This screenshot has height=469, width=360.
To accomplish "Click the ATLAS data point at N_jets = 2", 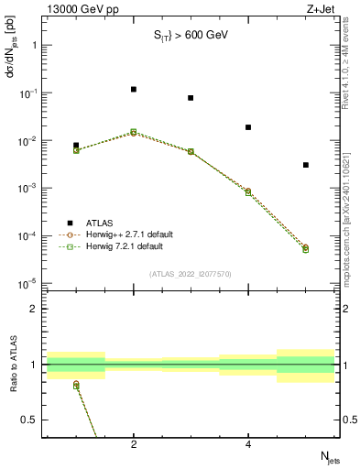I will (134, 90).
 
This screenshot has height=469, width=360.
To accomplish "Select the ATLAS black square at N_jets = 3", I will (191, 98).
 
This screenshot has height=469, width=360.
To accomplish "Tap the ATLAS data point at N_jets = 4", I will (248, 127).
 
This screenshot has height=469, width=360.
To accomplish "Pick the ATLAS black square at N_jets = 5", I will (306, 165).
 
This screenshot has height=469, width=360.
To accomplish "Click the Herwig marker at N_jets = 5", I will (306, 248).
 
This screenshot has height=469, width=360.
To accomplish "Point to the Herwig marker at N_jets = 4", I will (248, 192).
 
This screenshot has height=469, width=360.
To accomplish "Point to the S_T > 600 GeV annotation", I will (190, 36).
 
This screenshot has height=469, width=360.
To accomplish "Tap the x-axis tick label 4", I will (248, 445).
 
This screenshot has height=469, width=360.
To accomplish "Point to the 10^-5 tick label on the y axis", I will (28, 284).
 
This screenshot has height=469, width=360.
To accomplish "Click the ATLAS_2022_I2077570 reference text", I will (190, 273).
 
